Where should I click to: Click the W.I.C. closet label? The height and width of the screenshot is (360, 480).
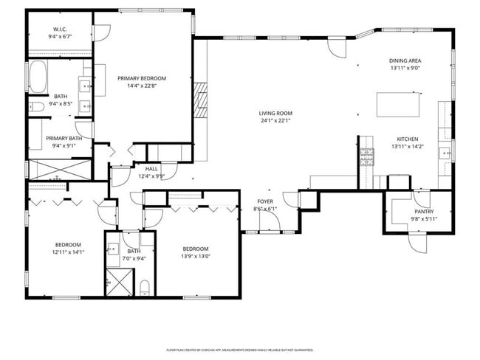[60, 30]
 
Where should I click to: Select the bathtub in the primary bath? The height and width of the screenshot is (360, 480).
[37, 75]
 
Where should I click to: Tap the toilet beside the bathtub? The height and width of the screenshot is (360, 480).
[35, 108]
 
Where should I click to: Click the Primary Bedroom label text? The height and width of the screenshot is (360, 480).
[142, 78]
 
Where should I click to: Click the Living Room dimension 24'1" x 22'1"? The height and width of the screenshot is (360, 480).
[275, 121]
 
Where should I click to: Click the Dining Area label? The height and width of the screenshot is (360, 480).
[405, 60]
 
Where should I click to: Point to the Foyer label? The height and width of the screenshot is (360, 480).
[265, 201]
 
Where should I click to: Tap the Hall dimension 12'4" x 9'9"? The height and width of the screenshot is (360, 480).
[151, 176]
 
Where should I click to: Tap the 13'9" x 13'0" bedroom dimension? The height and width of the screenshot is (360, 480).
[196, 257]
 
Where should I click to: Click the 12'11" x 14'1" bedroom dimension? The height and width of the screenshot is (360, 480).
[68, 252]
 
